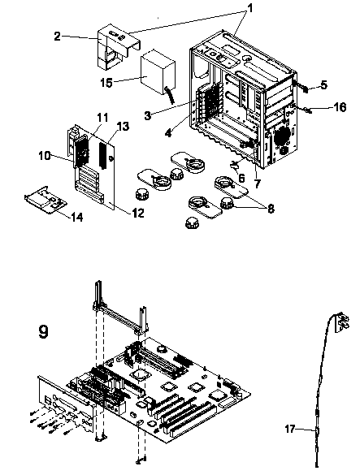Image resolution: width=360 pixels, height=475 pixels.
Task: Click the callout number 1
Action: tap(250, 8)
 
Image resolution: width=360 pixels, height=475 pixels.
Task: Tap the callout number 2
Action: tap(58, 37)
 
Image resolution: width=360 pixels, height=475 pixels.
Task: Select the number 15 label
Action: tap(106, 82)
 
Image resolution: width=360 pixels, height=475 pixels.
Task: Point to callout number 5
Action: tap(323, 84)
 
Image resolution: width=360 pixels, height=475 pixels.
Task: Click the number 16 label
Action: tap(340, 106)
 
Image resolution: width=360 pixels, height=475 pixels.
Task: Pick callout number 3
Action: tap(148, 115)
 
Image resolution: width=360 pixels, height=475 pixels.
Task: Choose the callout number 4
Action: tap(169, 132)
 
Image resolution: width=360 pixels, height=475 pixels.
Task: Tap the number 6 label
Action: tap(241, 178)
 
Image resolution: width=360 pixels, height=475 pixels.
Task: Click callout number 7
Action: tap(257, 184)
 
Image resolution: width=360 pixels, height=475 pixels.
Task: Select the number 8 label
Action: tap(271, 208)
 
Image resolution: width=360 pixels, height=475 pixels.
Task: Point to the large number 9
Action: tap(43, 331)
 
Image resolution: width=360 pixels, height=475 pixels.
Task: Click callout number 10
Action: tap(45, 156)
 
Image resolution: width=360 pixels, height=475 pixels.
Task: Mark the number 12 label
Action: tap(138, 213)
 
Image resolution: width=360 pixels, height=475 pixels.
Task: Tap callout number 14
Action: tap(76, 217)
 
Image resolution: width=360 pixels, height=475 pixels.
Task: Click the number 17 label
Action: tap(290, 429)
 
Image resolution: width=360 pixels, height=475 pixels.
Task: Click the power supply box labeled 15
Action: tap(158, 72)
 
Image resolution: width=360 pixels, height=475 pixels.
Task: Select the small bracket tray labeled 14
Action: tap(46, 201)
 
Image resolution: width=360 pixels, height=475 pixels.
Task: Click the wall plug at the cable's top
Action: tap(342, 323)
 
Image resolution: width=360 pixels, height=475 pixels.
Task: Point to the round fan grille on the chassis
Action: tap(282, 136)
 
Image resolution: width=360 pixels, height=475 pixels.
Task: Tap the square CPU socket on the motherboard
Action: tap(141, 374)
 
